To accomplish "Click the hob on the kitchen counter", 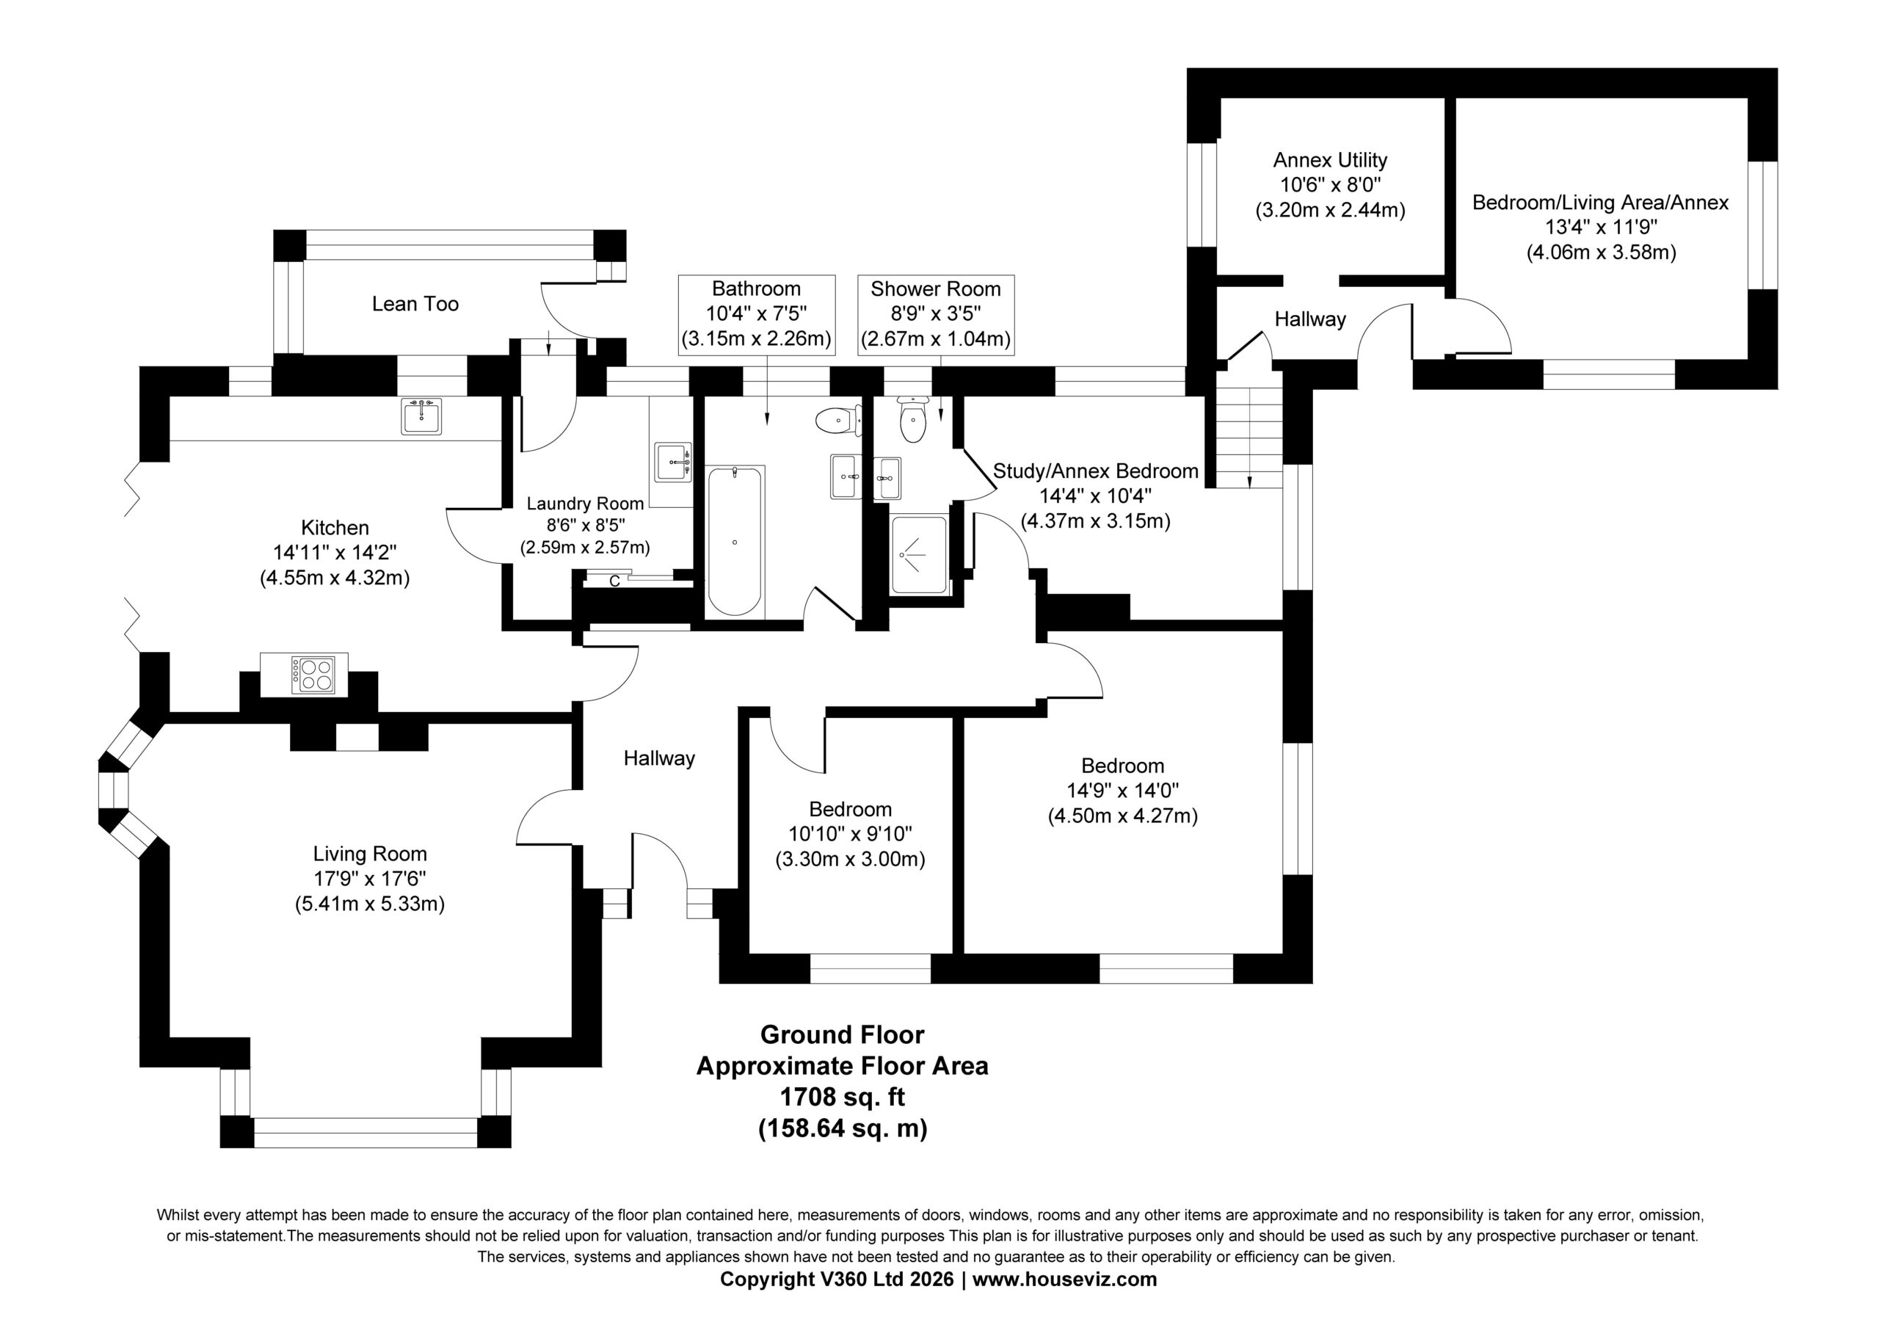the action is coord(313,675).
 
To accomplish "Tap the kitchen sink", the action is coord(421,416).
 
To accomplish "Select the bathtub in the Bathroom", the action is coord(735,542).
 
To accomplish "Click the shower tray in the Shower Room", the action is coord(919,554).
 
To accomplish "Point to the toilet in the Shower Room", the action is coord(912,419).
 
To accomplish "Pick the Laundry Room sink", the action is coord(674,462).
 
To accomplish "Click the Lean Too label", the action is coord(415,304).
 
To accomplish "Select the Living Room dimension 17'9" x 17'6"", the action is coord(370,879).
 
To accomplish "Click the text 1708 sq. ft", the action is coord(842,1096).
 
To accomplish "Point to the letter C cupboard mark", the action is coord(614,581).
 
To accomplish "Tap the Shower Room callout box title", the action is coord(935,289).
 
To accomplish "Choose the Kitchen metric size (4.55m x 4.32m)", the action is coord(335,578).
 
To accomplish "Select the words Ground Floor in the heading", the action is coord(842,1034).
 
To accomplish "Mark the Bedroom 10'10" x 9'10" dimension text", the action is coord(850,834).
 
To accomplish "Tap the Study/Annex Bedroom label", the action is coord(1096,471).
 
